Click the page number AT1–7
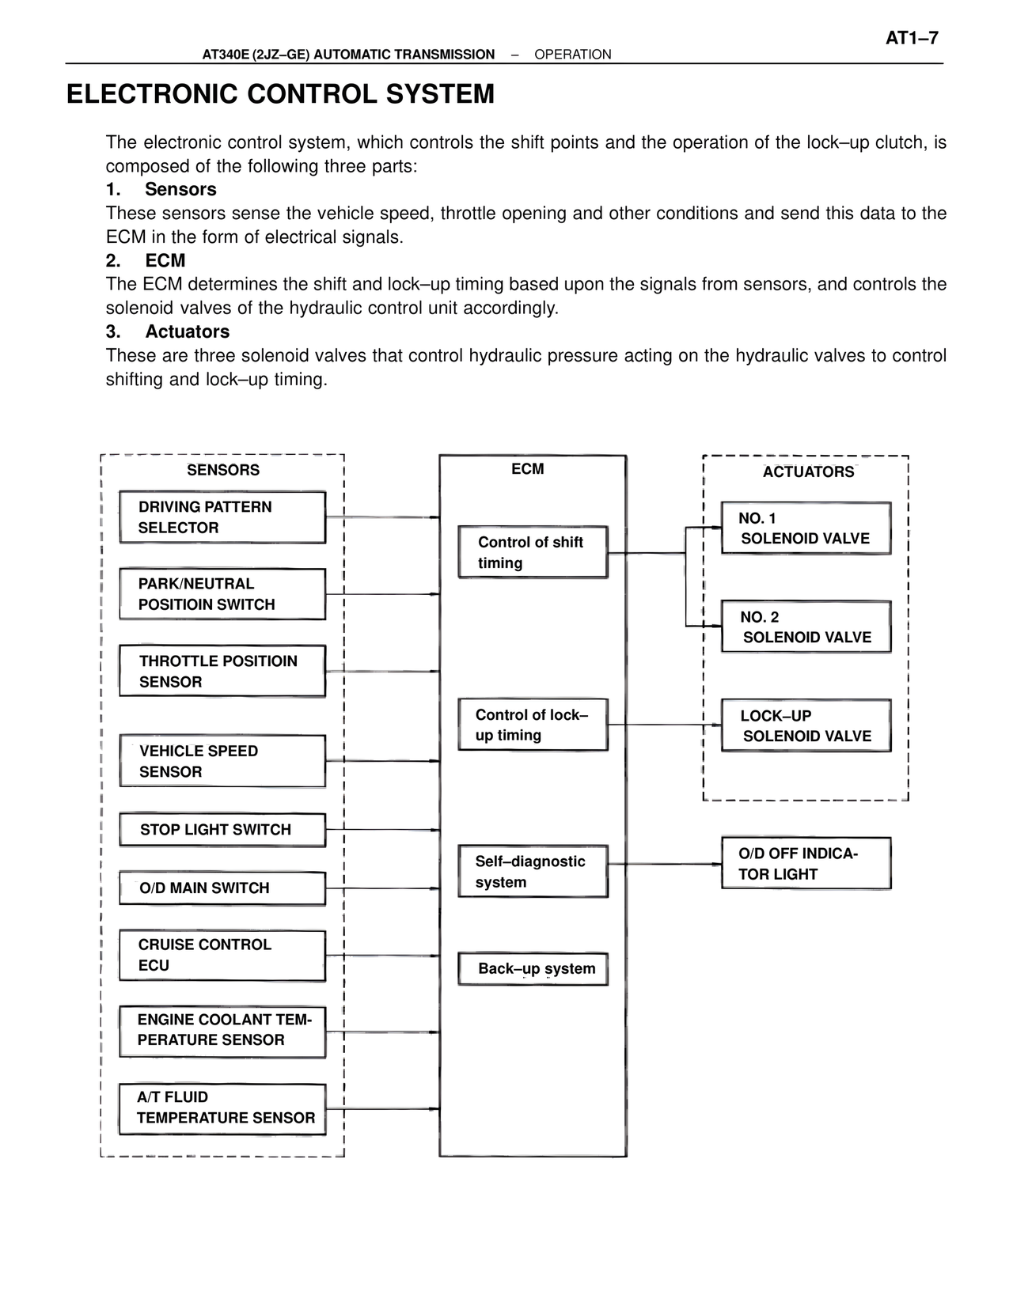coord(911,38)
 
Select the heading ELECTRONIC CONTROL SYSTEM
coord(280,94)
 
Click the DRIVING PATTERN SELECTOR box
coord(222,517)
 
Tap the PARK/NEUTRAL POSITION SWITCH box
coord(222,594)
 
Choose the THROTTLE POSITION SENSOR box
coord(222,671)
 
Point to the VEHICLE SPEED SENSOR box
coord(222,761)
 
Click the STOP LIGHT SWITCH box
coord(222,830)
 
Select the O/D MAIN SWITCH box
coord(222,888)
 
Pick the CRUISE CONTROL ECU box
coord(222,955)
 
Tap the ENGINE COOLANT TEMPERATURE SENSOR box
coord(222,1031)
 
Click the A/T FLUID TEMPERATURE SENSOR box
coord(222,1108)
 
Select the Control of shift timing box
coord(533,552)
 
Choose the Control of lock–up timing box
coord(533,725)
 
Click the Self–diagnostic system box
coord(533,872)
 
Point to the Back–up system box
coord(533,969)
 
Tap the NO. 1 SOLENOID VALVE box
coord(806,528)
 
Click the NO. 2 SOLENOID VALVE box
coord(806,627)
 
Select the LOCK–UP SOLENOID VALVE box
coord(806,725)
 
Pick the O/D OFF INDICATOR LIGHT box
coord(806,864)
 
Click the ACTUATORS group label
coord(808,472)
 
